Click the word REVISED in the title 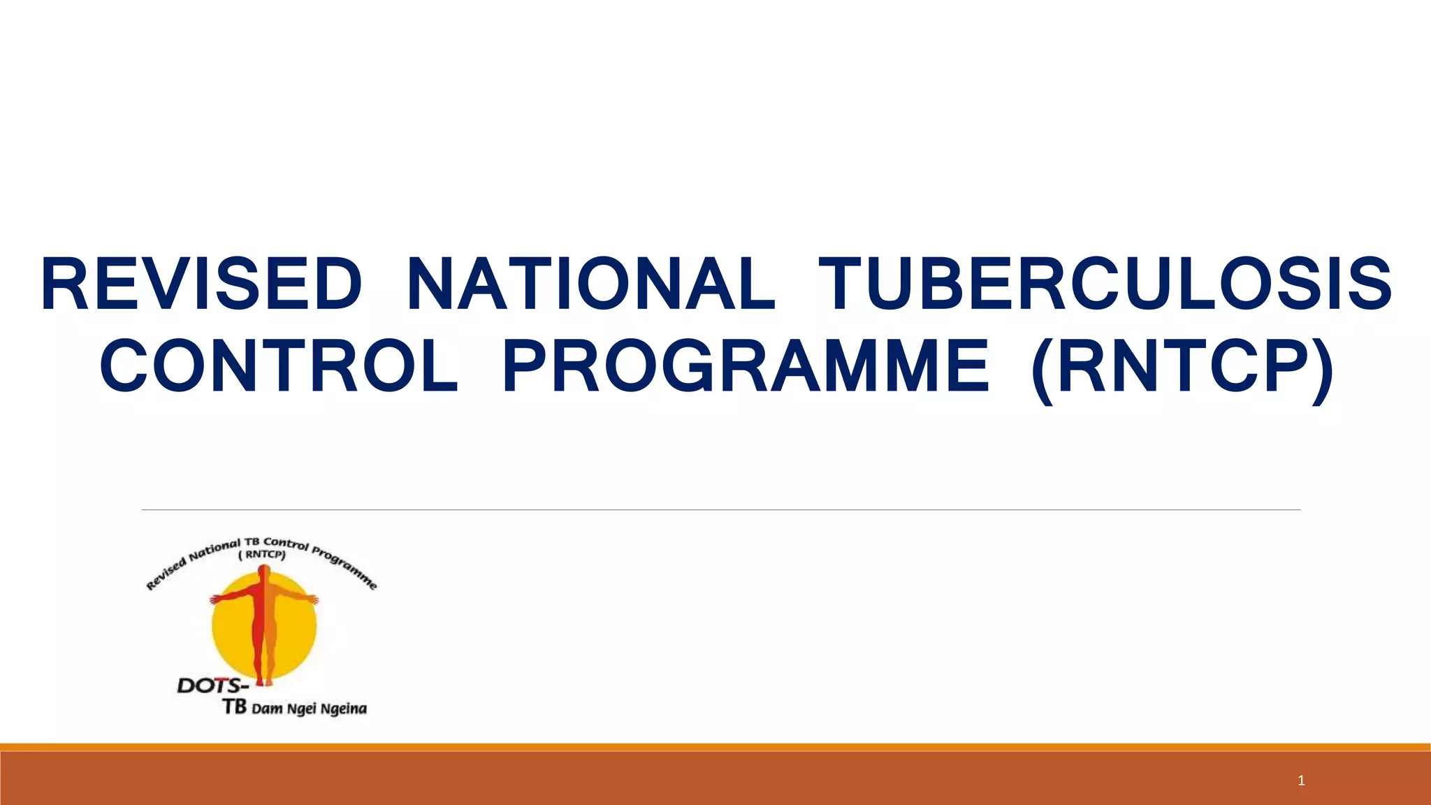201,284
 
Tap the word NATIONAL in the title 590,284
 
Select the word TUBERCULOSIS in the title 1105,284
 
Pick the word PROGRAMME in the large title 746,366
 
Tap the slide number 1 1301,781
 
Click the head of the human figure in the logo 263,572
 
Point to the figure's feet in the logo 263,681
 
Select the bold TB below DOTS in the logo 235,707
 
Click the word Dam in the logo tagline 266,709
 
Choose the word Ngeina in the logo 342,709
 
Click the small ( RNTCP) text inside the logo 262,556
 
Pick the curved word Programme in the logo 344,567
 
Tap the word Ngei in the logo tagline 301,709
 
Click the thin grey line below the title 720,510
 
